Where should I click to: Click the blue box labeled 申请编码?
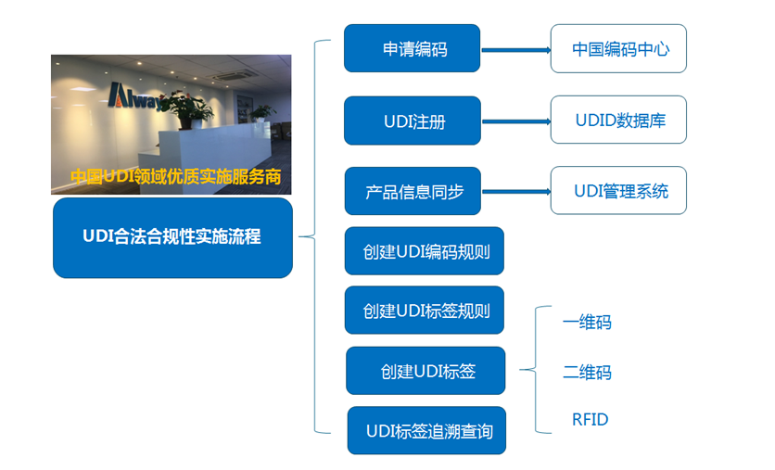pos(413,49)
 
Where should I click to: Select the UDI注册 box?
pos(413,121)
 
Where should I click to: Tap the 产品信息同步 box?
pos(413,192)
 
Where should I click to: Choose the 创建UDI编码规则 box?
pos(425,251)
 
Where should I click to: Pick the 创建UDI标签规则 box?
pos(425,311)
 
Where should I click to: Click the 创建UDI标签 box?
pos(426,371)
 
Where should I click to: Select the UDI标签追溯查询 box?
pos(426,431)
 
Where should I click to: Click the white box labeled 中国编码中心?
pos(618,49)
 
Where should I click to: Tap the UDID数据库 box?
pos(618,120)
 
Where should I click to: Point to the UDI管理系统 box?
pos(618,191)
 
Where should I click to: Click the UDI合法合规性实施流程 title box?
pos(172,237)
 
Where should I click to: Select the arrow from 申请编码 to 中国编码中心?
pos(515,50)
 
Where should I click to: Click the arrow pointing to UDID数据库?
pos(515,121)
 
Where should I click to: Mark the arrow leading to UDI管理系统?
pos(515,192)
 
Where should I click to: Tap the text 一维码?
pos(587,323)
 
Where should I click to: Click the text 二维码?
pos(587,373)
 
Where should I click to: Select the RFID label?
pos(590,420)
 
